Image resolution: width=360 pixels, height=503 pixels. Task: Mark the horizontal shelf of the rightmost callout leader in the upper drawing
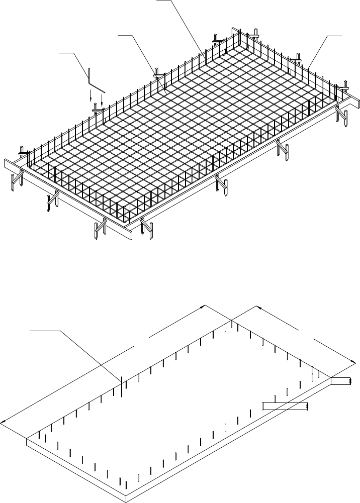[334, 36]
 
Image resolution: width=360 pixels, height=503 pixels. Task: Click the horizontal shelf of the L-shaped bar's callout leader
[67, 52]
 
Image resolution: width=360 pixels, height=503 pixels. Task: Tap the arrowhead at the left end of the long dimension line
[3, 422]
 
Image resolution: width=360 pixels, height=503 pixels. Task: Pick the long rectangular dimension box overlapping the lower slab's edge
[284, 406]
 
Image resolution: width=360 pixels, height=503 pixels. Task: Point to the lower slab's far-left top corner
[26, 438]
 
